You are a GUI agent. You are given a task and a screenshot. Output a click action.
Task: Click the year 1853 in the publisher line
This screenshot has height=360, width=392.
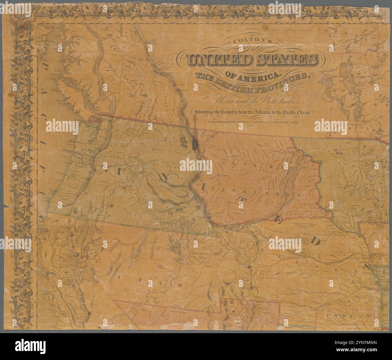[292, 122]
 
